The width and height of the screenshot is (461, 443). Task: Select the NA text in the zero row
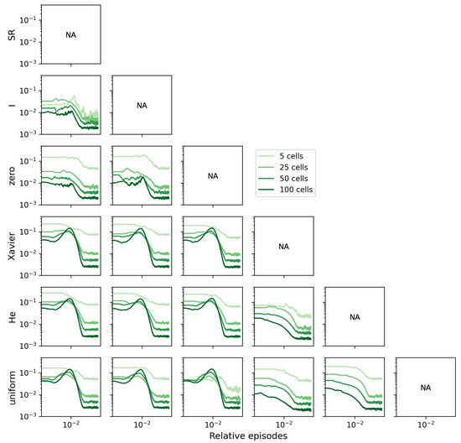point(212,176)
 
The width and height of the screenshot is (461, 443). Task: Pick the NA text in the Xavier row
point(283,247)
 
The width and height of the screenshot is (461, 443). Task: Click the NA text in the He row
point(354,317)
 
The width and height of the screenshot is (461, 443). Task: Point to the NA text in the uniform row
point(424,388)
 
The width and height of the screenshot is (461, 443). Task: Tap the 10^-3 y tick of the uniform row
point(27,416)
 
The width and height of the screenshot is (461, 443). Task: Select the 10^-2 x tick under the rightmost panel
point(424,424)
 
